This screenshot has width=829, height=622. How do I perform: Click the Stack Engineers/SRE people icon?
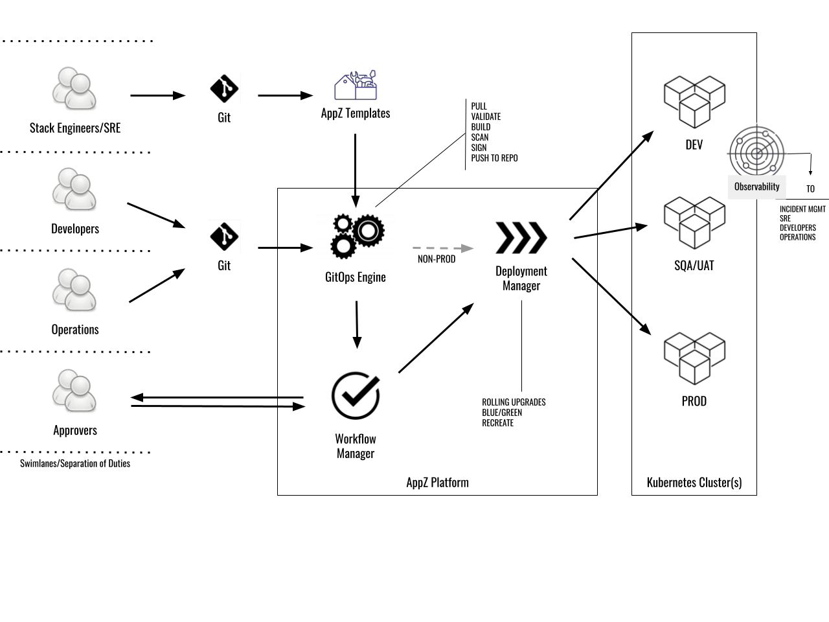(x=74, y=89)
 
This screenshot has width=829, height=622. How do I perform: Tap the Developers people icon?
(x=74, y=190)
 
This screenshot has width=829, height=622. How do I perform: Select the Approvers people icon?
(x=74, y=391)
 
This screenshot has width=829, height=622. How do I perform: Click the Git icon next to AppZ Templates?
(x=224, y=89)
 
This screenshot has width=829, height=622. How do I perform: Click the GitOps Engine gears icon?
(x=357, y=236)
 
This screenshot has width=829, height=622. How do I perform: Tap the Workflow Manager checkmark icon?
(x=355, y=395)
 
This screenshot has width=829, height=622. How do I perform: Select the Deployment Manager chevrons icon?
(x=521, y=238)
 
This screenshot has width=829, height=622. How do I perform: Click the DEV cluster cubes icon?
(x=694, y=102)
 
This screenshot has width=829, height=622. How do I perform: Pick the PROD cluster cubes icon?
(x=694, y=358)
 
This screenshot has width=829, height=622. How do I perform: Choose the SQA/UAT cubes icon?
(x=694, y=223)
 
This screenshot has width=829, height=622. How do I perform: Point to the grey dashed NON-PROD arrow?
(x=442, y=248)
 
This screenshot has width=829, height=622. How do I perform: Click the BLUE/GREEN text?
(x=502, y=413)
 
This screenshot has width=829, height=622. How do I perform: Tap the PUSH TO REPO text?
(x=494, y=158)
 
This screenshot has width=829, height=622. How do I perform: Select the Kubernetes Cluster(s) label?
(x=694, y=482)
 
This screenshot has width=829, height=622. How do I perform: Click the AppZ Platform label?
(x=437, y=482)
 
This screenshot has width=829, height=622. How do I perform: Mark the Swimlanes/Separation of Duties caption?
(x=75, y=463)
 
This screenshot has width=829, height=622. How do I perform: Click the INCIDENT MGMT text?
(x=802, y=209)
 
